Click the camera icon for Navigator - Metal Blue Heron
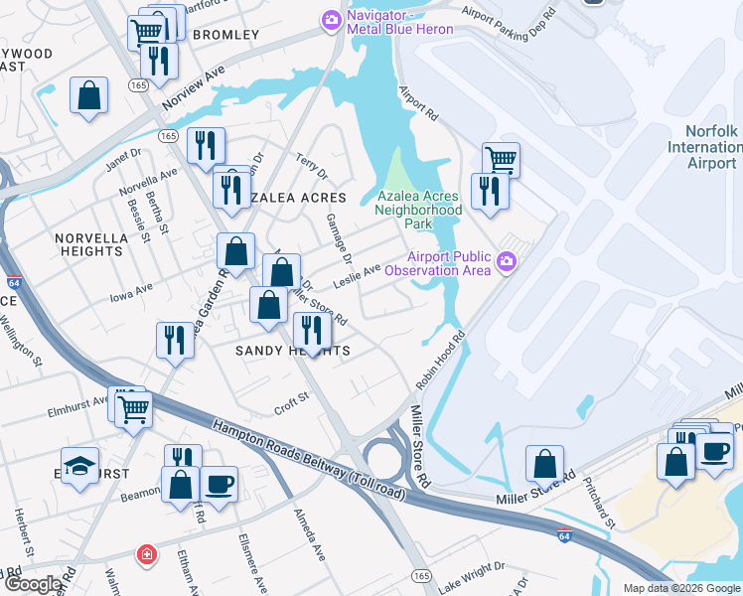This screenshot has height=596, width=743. (331, 19)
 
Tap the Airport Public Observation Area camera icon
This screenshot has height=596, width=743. (508, 262)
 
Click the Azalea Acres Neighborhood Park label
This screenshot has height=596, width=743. (418, 210)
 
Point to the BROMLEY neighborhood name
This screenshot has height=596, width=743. (225, 35)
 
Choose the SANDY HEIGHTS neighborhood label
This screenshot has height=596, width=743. (292, 352)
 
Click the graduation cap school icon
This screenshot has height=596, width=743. (79, 465)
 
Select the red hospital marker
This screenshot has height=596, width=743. (147, 554)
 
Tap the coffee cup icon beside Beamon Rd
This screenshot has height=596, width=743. (219, 484)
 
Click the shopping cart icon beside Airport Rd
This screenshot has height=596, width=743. (501, 158)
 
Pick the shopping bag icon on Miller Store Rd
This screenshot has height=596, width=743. (545, 462)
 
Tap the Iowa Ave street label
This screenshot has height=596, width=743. (131, 289)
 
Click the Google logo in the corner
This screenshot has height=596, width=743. (32, 584)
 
